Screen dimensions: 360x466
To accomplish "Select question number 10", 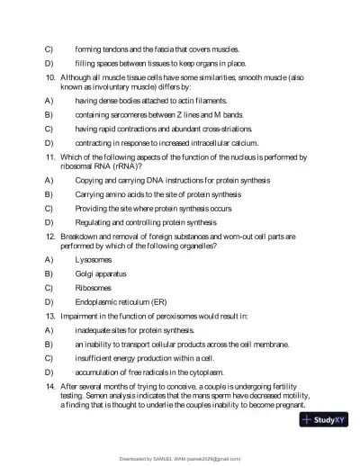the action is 50,79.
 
